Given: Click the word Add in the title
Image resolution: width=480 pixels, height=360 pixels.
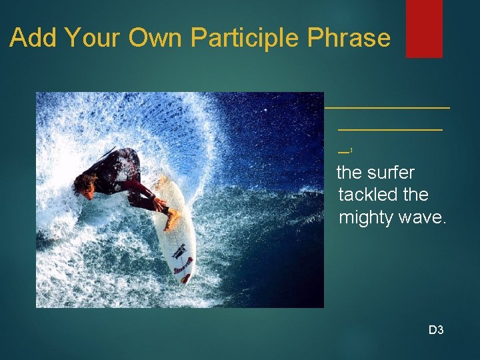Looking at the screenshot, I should [33, 38].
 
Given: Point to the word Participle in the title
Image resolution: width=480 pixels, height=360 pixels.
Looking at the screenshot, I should [246, 39].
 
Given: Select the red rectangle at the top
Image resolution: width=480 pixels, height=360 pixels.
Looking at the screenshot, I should [424, 28].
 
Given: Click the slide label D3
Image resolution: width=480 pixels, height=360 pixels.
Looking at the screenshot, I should [436, 329].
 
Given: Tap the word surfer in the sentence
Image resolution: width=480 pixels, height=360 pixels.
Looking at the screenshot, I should [391, 173].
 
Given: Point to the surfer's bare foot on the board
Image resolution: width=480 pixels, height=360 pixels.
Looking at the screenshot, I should [173, 217].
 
